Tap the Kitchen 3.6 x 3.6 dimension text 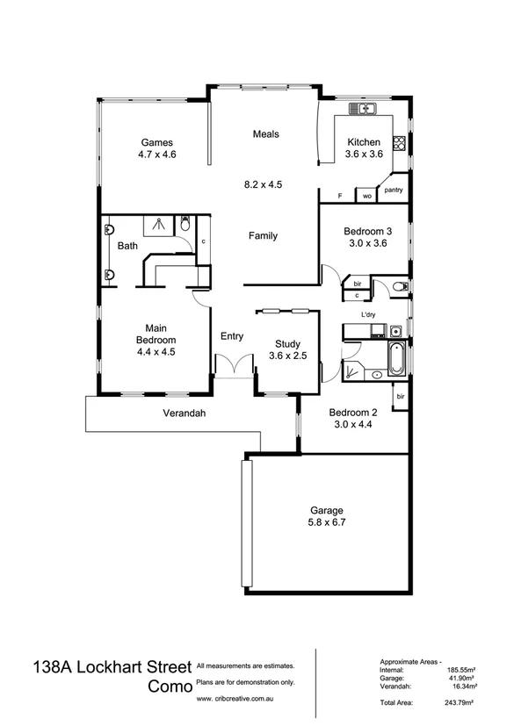click(363, 155)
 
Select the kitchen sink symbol click(362, 109)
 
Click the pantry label click(394, 189)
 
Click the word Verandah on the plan click(185, 413)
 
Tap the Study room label click(288, 344)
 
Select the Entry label click(232, 335)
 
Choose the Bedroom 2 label click(353, 413)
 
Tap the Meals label click(265, 134)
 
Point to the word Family click(263, 235)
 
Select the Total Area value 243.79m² click(459, 704)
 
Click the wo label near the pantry click(366, 196)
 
